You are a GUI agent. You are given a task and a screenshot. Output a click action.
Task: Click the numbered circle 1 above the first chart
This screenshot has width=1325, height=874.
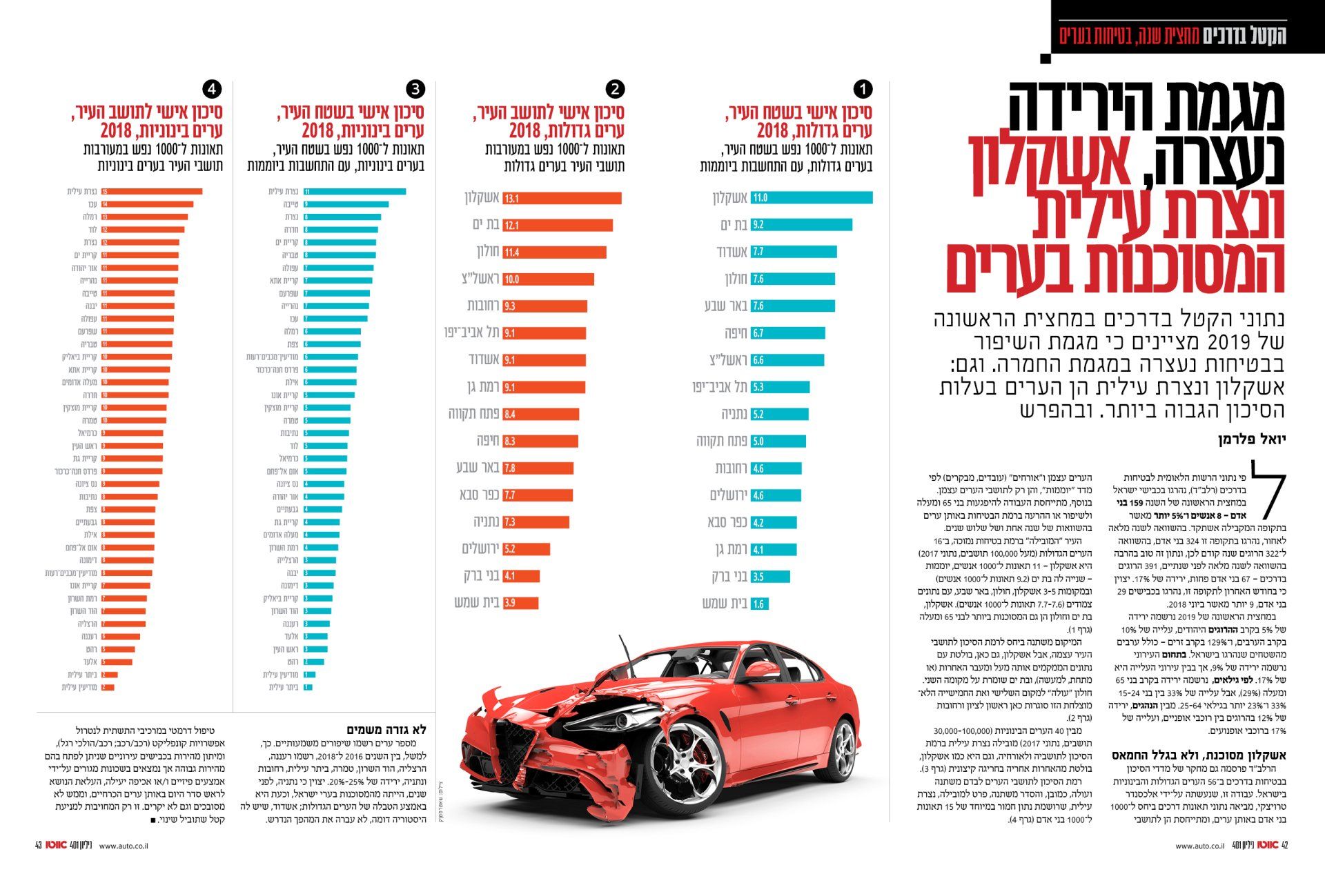863,89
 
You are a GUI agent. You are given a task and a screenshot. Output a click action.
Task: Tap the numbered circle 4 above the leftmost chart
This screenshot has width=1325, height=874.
212,89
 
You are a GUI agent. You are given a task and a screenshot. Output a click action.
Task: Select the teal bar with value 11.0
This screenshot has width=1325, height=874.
812,198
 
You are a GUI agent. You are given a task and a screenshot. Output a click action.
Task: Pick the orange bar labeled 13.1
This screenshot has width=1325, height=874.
562,199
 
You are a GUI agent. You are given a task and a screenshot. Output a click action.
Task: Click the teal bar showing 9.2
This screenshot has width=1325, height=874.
801,225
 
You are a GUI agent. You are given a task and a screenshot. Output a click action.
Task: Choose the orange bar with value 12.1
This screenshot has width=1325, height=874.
558,226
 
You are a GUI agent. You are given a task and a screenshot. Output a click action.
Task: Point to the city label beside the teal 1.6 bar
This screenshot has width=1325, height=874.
725,604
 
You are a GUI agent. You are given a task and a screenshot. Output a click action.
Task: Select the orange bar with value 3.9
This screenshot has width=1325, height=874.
520,603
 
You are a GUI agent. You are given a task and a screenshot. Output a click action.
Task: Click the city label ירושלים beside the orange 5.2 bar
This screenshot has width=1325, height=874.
480,549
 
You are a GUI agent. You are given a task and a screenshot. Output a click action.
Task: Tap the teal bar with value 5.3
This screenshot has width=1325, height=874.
780,387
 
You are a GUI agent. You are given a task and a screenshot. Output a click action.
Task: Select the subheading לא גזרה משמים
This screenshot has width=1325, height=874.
386,729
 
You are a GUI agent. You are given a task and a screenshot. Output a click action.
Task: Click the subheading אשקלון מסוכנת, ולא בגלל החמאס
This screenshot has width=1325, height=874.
1199,755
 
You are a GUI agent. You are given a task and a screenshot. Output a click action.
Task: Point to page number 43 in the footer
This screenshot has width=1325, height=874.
39,845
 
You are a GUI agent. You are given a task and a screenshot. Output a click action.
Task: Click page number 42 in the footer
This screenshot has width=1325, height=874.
1284,845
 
